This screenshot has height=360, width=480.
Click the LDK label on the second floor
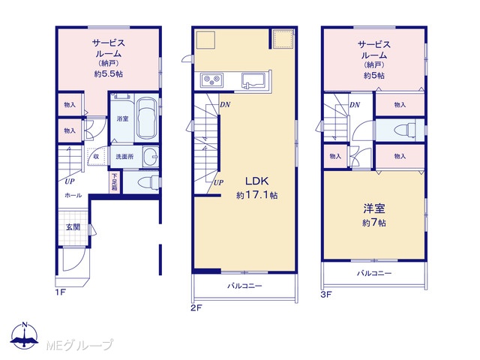pyautogui.click(x=256, y=181)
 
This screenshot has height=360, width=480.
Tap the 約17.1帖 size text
pyautogui.click(x=256, y=195)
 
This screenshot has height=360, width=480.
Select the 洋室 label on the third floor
pyautogui.click(x=374, y=208)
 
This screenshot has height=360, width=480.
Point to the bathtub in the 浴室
pyautogui.click(x=146, y=118)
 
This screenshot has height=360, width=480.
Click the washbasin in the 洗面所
pyautogui.click(x=150, y=157)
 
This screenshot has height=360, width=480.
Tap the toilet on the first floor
pyautogui.click(x=148, y=183)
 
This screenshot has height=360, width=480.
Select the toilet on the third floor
pyautogui.click(x=405, y=130)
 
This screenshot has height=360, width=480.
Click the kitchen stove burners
pyautogui.click(x=211, y=80)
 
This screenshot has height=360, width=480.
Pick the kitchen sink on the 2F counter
pyautogui.click(x=252, y=80)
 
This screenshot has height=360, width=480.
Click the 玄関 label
pyautogui.click(x=73, y=226)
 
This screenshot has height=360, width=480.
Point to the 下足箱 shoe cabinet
pyautogui.click(x=114, y=182)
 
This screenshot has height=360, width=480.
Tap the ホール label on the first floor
pyautogui.click(x=73, y=195)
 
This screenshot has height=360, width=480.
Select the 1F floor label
pyautogui.click(x=60, y=292)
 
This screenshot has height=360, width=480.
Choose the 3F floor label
pyautogui.click(x=326, y=295)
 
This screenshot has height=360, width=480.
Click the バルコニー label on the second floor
pyautogui.click(x=244, y=286)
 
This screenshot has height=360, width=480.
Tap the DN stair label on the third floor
pyautogui.click(x=355, y=105)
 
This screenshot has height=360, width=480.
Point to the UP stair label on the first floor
pyautogui.click(x=70, y=181)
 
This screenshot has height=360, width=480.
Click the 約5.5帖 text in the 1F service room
pyautogui.click(x=109, y=73)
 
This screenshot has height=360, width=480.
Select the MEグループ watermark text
pyautogui.click(x=79, y=345)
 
